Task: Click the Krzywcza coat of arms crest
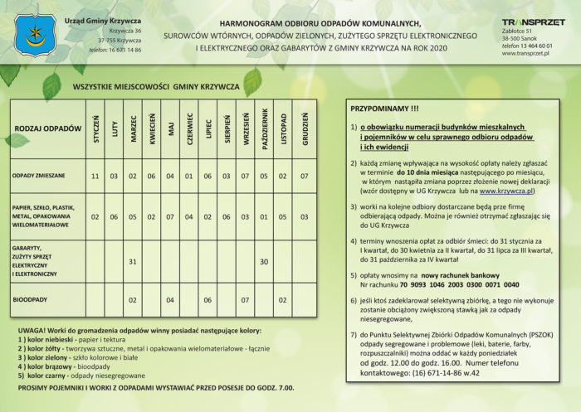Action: tap(34, 36)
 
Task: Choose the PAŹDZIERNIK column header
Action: tap(264, 130)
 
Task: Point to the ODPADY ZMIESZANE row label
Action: tap(39, 176)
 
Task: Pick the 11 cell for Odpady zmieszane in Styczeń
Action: tap(95, 176)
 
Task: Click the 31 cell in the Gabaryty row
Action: tap(133, 261)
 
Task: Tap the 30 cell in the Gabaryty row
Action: tap(264, 261)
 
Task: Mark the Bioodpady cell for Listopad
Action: tap(283, 299)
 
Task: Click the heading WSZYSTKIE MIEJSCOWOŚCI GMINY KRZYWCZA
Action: tap(156, 86)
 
